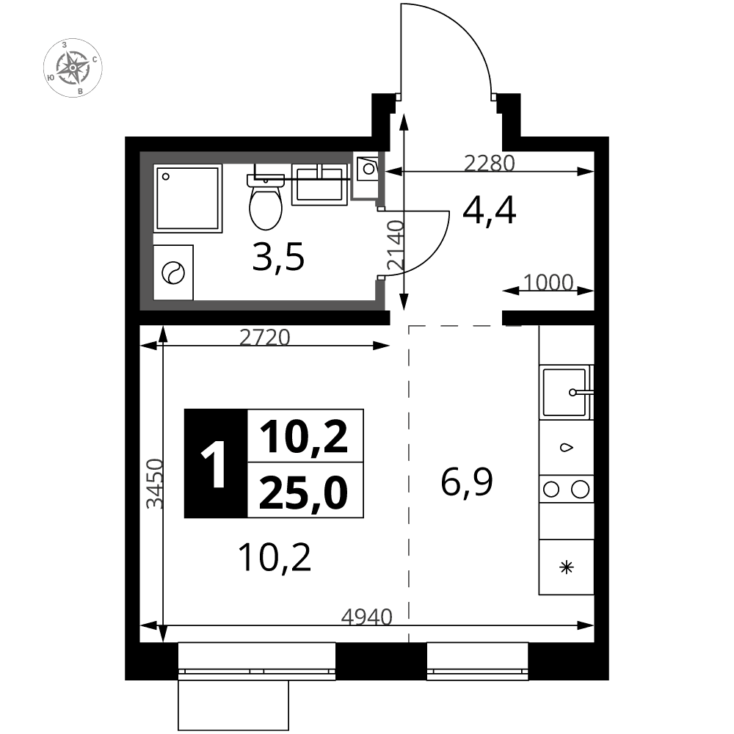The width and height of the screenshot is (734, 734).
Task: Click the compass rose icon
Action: tap(73, 68)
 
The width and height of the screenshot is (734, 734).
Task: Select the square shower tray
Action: tap(188, 198)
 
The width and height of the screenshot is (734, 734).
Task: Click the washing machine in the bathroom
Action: tap(173, 272)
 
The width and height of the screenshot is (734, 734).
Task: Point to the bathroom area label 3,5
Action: tap(278, 257)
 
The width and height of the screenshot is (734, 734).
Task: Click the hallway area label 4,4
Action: tap(489, 211)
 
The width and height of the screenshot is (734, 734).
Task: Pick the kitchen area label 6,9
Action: tap(467, 483)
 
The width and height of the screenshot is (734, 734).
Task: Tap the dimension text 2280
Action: tap(489, 164)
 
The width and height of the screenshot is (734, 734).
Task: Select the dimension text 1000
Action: tap(548, 283)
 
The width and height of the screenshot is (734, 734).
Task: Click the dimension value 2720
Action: tap(264, 337)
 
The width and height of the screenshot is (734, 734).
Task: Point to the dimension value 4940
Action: tap(366, 617)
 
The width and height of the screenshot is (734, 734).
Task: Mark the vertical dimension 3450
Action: tap(155, 484)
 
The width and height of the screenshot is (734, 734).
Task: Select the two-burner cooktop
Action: tap(567, 489)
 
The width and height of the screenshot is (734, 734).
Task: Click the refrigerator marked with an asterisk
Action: tap(567, 567)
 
